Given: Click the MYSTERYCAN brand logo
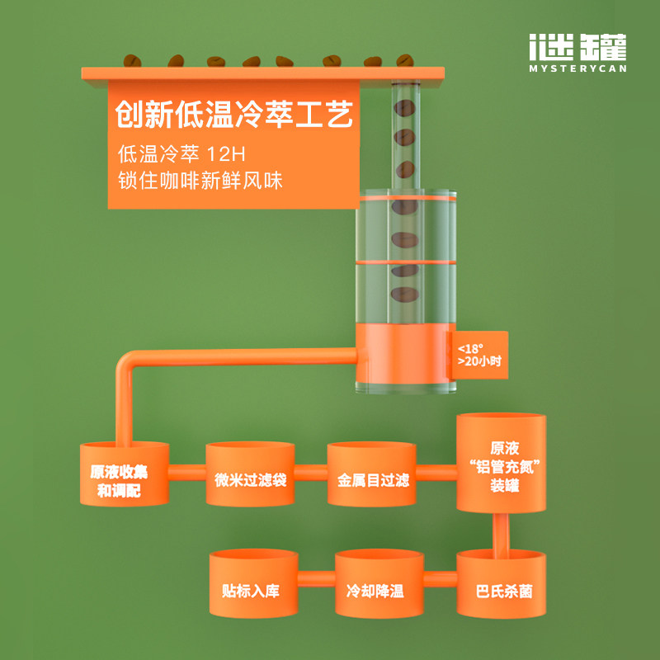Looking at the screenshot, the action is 577,53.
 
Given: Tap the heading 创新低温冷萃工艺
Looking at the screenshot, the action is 234,114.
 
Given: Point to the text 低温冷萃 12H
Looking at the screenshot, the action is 181,154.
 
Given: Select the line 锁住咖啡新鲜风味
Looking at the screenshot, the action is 200,181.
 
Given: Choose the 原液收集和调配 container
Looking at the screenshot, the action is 125,474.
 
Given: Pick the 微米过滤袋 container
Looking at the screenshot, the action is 250,474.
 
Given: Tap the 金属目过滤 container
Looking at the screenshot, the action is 372,474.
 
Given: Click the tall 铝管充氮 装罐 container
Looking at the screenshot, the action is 501,463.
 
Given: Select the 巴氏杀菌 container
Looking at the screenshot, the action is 501,583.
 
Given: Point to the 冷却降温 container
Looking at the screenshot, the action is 379,583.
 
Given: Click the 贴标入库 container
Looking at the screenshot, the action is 254,583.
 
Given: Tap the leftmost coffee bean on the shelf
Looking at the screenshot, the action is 132,60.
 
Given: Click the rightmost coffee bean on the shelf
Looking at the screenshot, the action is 404,60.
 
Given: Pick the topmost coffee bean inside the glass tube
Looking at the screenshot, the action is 404,108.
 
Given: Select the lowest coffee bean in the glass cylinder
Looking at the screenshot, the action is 404,295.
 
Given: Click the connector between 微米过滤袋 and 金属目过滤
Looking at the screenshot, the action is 311,472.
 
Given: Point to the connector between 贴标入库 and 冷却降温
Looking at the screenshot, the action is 317,578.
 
